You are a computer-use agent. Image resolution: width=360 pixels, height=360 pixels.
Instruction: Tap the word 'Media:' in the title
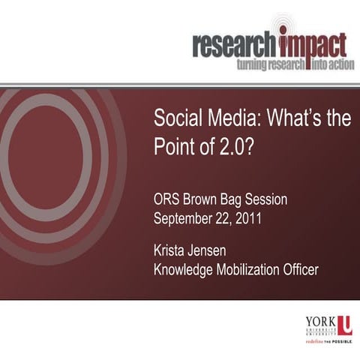(231, 120)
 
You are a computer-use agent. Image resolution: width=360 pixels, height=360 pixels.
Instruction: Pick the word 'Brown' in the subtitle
(207, 200)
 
